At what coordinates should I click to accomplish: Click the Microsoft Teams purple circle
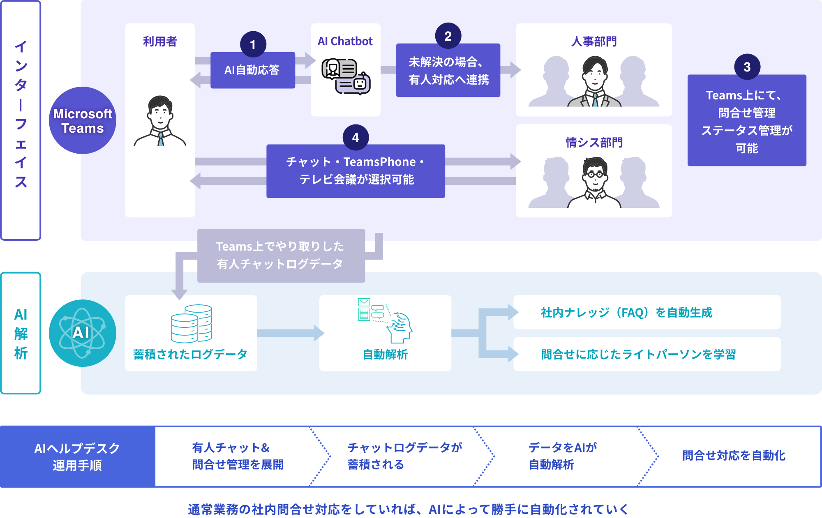pyautogui.click(x=83, y=120)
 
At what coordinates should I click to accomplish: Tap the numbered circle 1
pyautogui.click(x=253, y=44)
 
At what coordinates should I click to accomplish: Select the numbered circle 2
pyautogui.click(x=448, y=36)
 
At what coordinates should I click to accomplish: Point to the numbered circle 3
pyautogui.click(x=747, y=67)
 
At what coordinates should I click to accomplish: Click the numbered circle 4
pyautogui.click(x=356, y=138)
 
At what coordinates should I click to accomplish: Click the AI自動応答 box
pyautogui.click(x=252, y=70)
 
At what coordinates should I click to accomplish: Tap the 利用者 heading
pyautogui.click(x=160, y=41)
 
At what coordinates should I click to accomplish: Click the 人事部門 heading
pyautogui.click(x=594, y=41)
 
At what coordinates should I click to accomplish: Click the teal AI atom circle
pyautogui.click(x=83, y=333)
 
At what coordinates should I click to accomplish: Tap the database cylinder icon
pyautogui.click(x=192, y=324)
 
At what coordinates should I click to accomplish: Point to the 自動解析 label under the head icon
pyautogui.click(x=385, y=354)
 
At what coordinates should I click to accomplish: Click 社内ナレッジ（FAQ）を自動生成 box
pyautogui.click(x=647, y=312)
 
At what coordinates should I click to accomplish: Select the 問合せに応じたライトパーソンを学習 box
pyautogui.click(x=647, y=354)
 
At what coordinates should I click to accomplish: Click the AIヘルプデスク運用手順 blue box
pyautogui.click(x=78, y=456)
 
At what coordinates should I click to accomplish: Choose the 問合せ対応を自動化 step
pyautogui.click(x=734, y=456)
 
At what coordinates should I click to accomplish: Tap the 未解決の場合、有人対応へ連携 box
pyautogui.click(x=448, y=71)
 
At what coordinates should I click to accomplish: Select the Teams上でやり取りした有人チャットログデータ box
pyautogui.click(x=281, y=256)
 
